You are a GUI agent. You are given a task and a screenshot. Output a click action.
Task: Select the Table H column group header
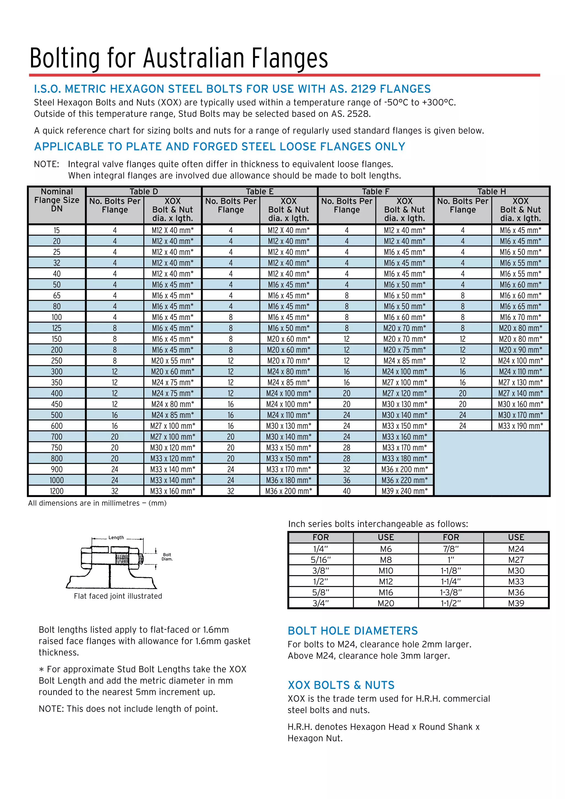pos(491,191)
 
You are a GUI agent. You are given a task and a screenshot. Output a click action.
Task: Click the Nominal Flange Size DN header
pos(57,200)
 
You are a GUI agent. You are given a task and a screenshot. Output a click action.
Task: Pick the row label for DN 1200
pos(57,491)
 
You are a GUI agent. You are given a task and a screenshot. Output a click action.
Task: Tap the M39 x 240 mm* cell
pos(404,491)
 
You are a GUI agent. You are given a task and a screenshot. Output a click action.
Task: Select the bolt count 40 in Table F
pos(347,491)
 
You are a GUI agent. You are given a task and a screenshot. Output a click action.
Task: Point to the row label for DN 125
pos(57,328)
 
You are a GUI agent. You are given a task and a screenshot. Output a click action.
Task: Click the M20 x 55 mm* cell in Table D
pos(172,361)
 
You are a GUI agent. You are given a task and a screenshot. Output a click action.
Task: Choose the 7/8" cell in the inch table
pos(451,549)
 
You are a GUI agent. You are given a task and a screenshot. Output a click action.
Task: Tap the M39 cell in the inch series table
pos(516,603)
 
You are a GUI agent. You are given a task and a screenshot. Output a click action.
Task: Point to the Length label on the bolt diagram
pos(116,538)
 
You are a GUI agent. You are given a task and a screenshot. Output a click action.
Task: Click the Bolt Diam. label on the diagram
pos(167,557)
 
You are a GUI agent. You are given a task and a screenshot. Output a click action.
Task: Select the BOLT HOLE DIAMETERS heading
pos(353,631)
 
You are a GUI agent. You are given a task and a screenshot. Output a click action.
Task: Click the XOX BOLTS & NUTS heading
pos(341,685)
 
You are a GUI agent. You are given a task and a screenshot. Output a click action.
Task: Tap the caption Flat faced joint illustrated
pos(118,596)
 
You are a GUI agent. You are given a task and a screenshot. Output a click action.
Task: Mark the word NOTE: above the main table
pos(47,164)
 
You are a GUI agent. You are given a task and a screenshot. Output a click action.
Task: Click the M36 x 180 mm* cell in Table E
pos(288,480)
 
